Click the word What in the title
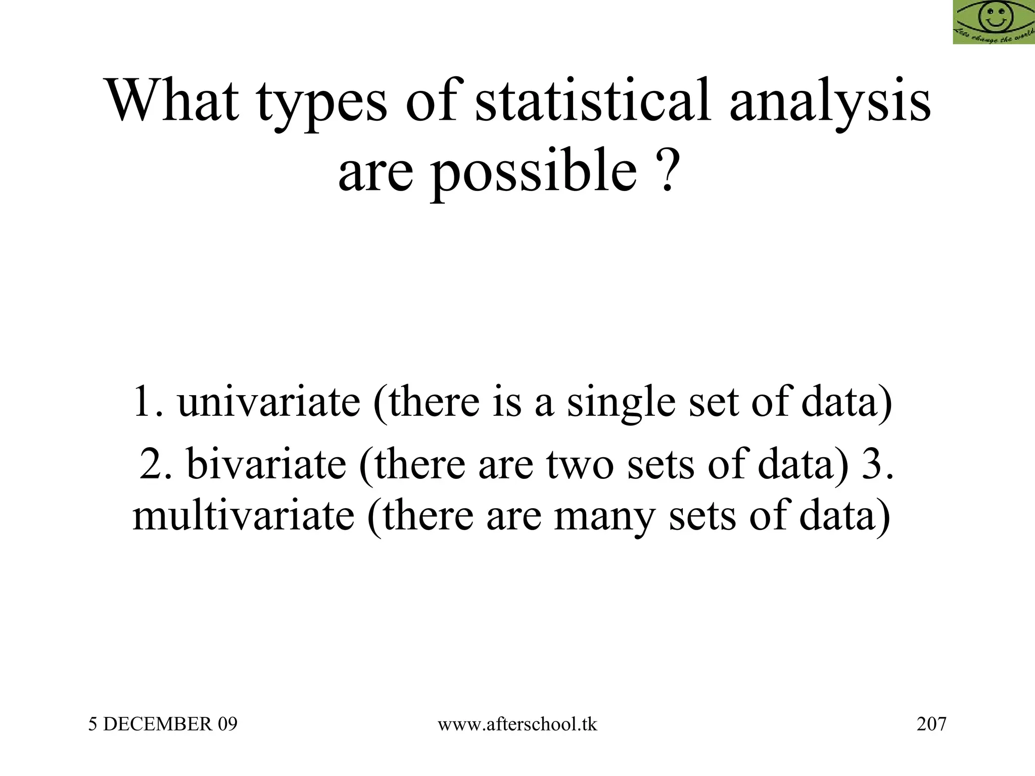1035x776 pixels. coord(172,101)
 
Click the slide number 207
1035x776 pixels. coord(931,724)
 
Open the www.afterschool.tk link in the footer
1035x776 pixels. coord(517,724)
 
